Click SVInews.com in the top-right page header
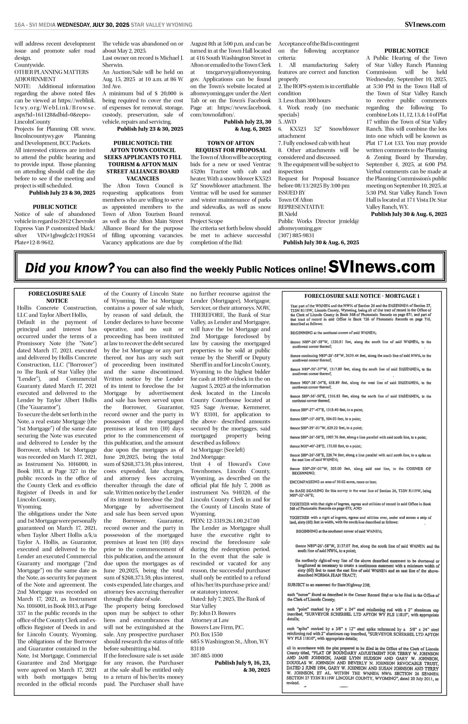click(x=425, y=25)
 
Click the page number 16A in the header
click(x=19, y=25)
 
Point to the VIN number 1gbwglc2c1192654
click(x=70, y=235)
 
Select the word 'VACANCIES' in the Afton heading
click(x=143, y=178)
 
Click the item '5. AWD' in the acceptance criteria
click(x=285, y=122)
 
